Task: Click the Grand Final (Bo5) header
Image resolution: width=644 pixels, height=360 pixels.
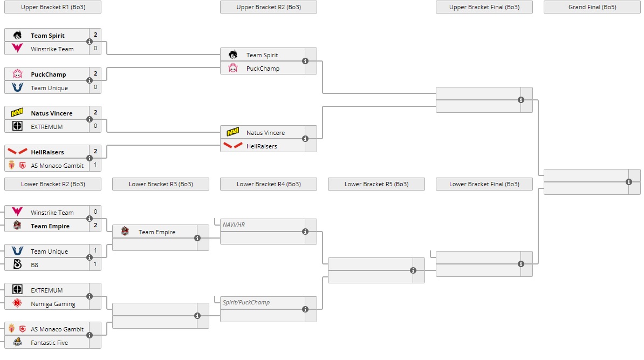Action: tap(592, 7)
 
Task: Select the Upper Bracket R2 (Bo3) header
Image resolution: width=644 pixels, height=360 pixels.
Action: tap(268, 7)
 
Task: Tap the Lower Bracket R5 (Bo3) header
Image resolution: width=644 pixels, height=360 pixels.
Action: tap(376, 184)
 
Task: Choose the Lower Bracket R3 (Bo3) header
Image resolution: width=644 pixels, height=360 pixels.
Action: tap(160, 184)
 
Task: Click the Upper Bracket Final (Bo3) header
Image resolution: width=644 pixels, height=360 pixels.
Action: tap(484, 7)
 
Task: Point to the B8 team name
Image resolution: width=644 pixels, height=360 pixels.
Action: tap(35, 265)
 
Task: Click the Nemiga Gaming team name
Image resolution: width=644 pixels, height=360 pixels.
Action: tap(53, 304)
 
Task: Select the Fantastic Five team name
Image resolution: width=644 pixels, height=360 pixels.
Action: tap(49, 343)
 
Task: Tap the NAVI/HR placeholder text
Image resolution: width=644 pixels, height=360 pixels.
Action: tap(234, 225)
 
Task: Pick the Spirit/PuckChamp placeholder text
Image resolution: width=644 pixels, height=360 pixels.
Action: tap(246, 302)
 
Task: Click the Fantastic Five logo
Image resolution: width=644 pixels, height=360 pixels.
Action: tap(17, 342)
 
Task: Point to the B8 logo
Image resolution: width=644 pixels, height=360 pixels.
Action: tap(17, 265)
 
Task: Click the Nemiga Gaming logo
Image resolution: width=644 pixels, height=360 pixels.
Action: tap(17, 303)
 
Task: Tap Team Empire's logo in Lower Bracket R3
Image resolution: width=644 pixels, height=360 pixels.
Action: tap(125, 232)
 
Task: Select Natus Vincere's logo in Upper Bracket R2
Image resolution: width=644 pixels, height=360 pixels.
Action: tap(233, 132)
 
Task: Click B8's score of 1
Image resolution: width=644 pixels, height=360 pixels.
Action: tap(95, 265)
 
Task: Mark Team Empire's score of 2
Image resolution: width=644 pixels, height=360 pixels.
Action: tap(95, 226)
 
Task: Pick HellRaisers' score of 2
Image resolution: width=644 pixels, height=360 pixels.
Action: tap(95, 152)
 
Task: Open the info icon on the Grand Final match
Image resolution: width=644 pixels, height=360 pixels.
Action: tap(629, 182)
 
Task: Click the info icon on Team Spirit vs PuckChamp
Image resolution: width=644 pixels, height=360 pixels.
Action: tap(305, 61)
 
